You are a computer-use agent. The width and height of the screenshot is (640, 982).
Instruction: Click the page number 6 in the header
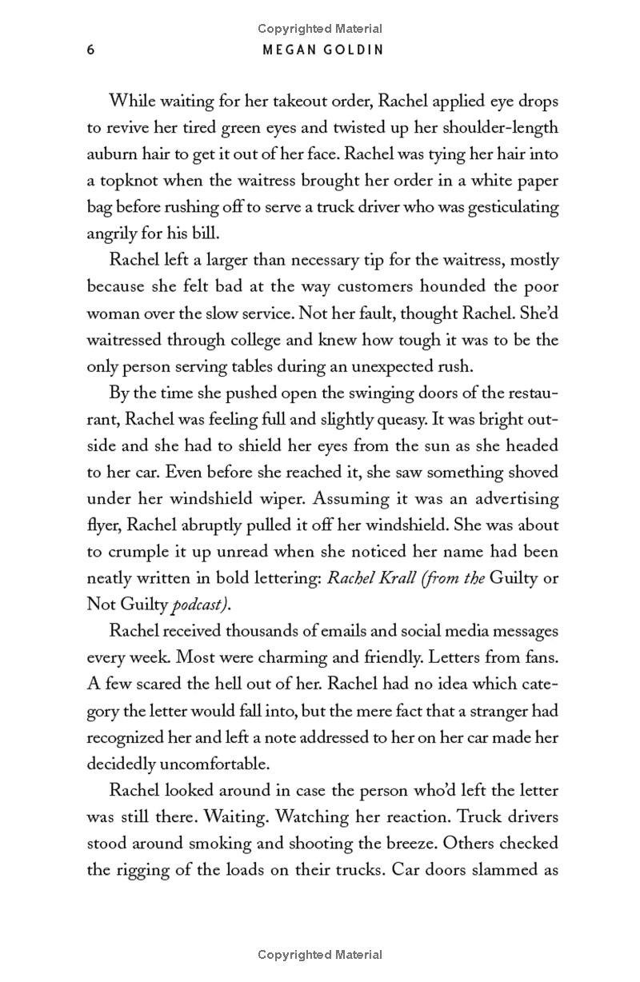[90, 50]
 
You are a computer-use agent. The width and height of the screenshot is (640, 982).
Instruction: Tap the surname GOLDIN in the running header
[348, 50]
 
